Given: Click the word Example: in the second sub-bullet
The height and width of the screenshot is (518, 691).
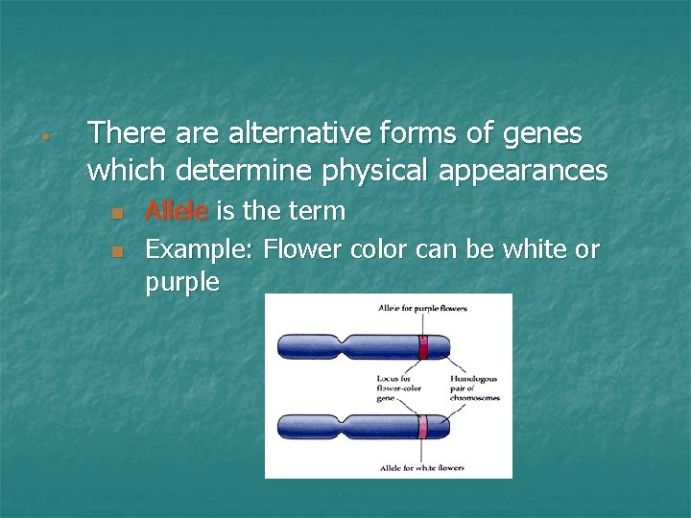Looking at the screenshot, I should [x=199, y=250].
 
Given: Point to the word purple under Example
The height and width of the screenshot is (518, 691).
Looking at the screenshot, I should [x=182, y=283].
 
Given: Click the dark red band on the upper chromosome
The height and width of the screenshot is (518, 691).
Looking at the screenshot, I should [x=422, y=346].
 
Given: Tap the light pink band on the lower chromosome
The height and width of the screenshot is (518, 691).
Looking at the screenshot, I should [x=422, y=426].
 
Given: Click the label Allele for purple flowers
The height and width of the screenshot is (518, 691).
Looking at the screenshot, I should [x=423, y=308].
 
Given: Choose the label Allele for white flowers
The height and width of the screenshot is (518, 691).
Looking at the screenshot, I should [x=421, y=468].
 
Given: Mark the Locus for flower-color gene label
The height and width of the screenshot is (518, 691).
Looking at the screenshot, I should [x=399, y=388].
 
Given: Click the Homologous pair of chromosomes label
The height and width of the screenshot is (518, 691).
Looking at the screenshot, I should [x=475, y=388].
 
